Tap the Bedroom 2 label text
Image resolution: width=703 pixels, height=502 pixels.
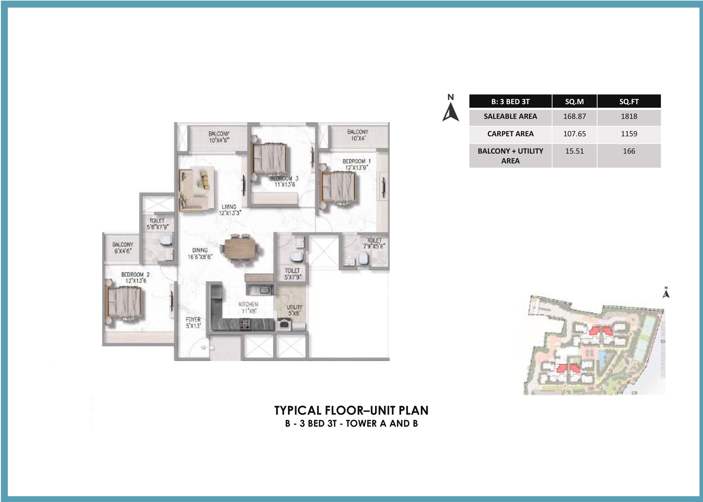pos(135,278)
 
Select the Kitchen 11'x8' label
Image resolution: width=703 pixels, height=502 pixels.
pos(248,307)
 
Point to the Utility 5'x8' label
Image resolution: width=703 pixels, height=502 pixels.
pos(294,310)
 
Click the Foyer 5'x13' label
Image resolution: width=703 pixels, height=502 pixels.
pos(193,322)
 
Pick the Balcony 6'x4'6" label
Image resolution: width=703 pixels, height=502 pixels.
pos(123,247)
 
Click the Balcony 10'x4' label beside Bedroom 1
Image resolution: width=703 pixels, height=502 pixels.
pos(358,135)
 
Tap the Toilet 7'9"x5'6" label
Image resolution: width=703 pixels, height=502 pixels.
pos(374,243)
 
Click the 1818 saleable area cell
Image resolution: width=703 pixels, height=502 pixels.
pos(629,116)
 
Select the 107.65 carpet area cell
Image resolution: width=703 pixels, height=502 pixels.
pos(574,134)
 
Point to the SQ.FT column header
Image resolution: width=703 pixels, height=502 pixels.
pos(629,101)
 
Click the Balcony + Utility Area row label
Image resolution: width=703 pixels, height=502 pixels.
pos(510,156)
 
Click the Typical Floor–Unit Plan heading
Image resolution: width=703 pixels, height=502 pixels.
pos(351,410)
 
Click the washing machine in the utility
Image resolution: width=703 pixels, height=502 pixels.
pos(283,325)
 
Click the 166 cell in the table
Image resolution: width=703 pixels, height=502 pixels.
pos(629,151)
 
